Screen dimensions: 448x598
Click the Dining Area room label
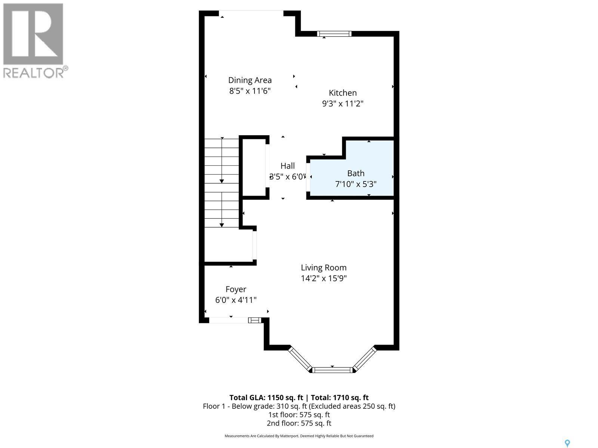(x=250, y=80)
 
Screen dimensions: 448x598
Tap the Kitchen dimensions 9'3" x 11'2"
(x=343, y=103)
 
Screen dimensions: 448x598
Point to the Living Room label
(x=324, y=268)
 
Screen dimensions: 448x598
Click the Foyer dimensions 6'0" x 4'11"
(x=236, y=300)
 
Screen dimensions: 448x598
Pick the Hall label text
(x=287, y=166)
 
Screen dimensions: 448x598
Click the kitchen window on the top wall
(x=334, y=34)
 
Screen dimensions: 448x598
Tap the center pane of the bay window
(x=332, y=370)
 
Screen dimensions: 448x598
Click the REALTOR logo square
(x=33, y=34)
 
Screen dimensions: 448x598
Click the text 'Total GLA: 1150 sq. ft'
(x=266, y=398)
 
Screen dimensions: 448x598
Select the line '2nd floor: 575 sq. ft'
(x=299, y=423)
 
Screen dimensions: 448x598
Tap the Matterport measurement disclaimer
(x=299, y=436)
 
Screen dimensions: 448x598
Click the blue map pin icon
(x=567, y=443)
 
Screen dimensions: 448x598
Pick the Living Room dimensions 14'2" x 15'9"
(x=324, y=278)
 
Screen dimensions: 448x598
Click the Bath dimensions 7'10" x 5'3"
(x=356, y=184)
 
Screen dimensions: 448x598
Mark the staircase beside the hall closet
(x=222, y=183)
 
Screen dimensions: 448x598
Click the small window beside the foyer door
(x=255, y=320)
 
